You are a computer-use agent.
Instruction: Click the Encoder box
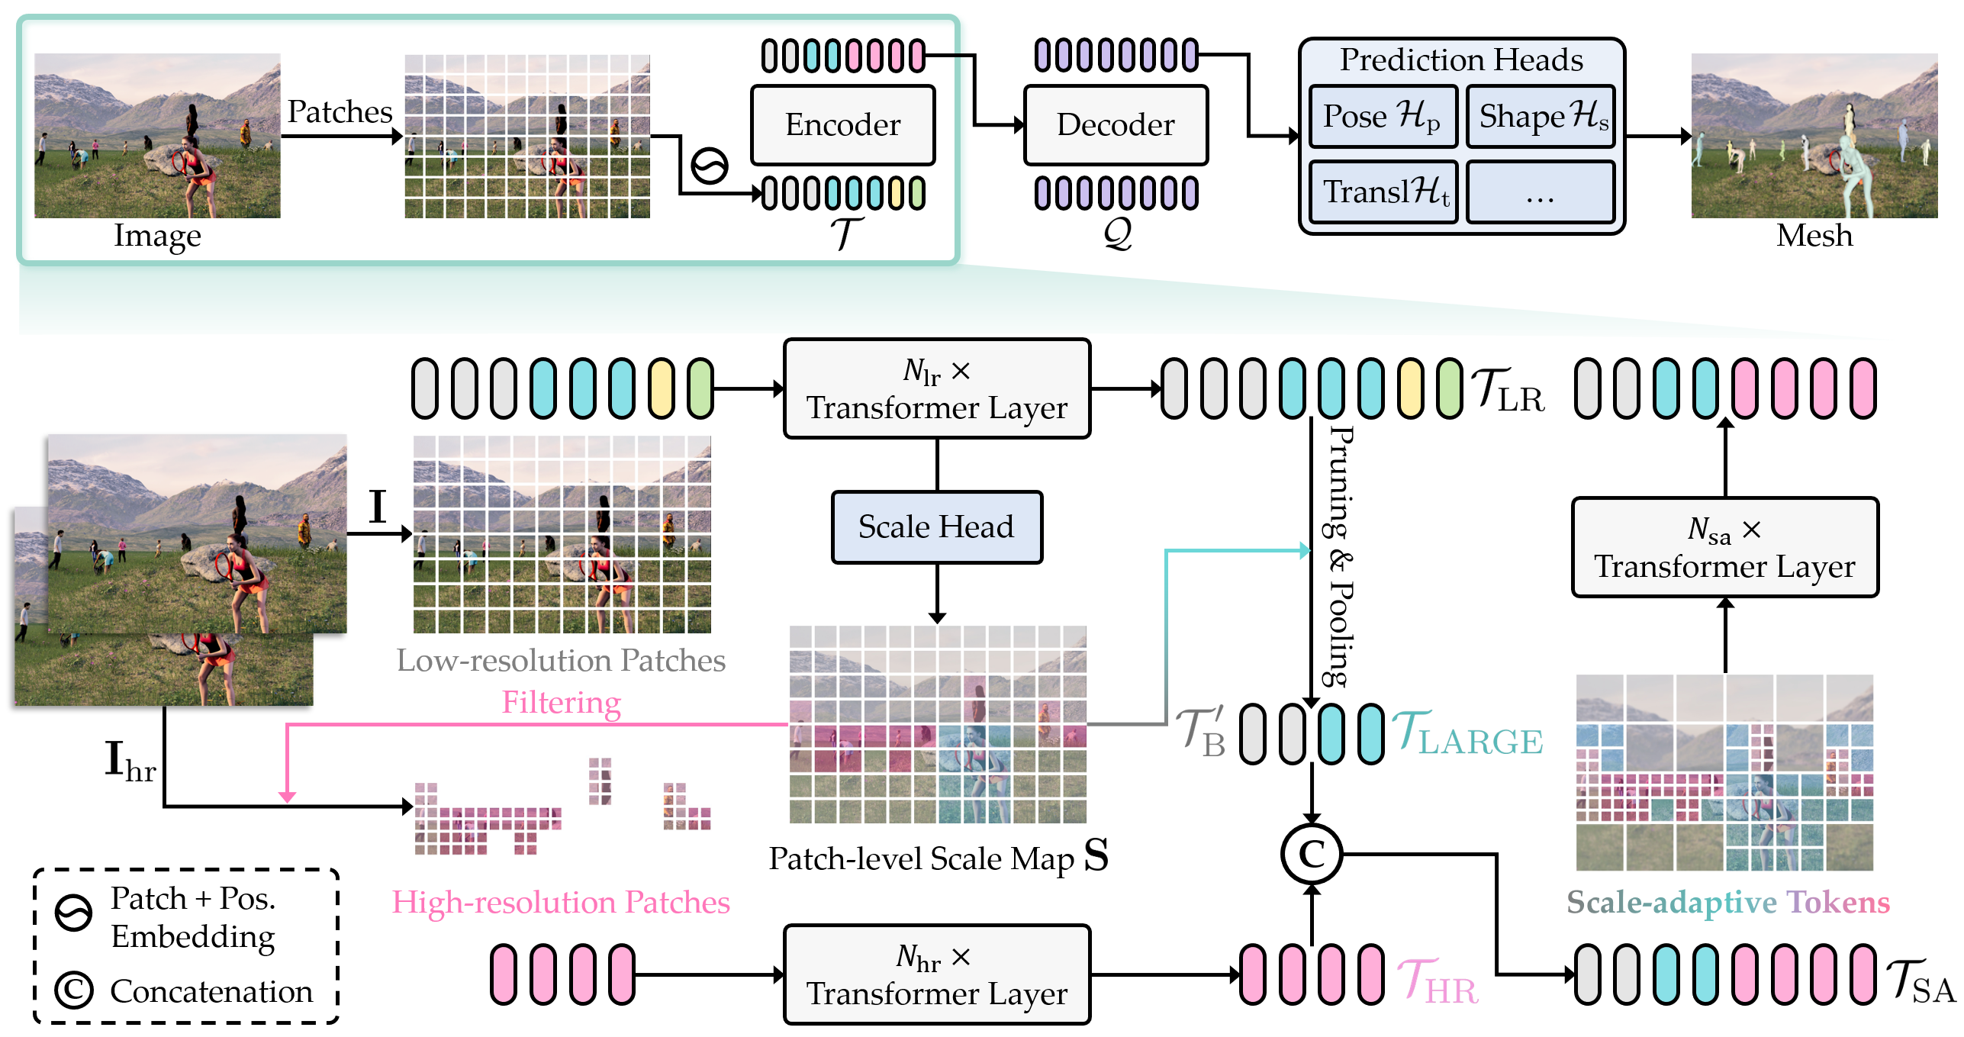842,125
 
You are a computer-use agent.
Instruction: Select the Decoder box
1116,125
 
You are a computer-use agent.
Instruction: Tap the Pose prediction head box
1383,116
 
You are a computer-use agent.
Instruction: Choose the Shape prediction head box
1541,116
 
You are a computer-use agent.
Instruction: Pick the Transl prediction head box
1383,192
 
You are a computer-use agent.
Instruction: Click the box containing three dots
1540,192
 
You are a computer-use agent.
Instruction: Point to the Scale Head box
936,527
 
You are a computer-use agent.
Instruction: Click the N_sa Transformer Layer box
1724,547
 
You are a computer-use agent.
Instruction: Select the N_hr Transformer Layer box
937,974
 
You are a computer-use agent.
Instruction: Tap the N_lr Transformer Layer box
937,388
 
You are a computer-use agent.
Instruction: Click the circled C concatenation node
1311,854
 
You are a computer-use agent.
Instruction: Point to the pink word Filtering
561,702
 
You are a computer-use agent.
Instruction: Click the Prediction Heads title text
1461,60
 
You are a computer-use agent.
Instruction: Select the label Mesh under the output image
1814,236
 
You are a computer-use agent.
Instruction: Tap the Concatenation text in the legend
211,991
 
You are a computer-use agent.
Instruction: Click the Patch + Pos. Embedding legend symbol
74,913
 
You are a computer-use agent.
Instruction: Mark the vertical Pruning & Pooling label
1341,557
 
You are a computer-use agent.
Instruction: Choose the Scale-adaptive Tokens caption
1727,902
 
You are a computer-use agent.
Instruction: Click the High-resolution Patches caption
561,902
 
